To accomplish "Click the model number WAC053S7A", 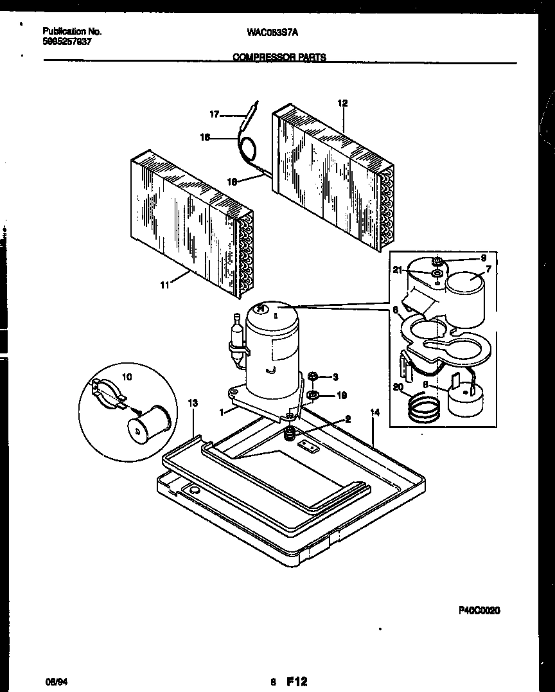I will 272,31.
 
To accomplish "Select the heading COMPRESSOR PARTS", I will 279,57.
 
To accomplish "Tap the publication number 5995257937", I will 67,40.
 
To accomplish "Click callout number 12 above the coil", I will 342,103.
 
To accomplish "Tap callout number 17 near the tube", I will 215,114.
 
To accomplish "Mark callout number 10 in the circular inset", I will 127,377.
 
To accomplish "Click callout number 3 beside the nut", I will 335,377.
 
